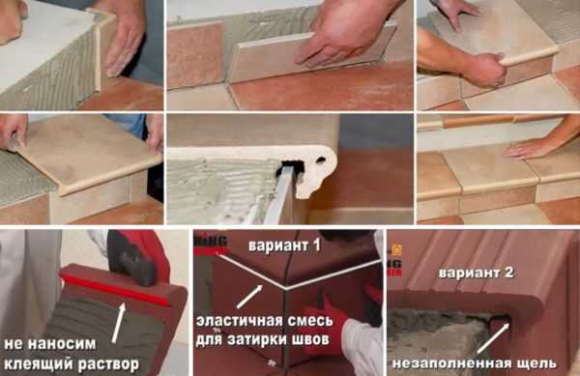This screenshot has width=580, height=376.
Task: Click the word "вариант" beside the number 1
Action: click(x=279, y=246)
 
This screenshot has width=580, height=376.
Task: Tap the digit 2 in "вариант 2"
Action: click(x=508, y=273)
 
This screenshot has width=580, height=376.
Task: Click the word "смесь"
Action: click(x=311, y=321)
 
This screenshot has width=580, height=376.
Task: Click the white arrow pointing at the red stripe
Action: click(x=119, y=323)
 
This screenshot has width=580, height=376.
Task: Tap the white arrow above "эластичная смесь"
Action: click(x=250, y=297)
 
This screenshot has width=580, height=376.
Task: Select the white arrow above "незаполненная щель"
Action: click(x=494, y=338)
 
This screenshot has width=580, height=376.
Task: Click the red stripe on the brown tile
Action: click(x=115, y=291)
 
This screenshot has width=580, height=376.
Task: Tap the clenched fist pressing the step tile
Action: click(x=482, y=68)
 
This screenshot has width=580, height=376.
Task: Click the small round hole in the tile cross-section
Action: click(x=321, y=160)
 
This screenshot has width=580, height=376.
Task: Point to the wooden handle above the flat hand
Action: click(x=492, y=121)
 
